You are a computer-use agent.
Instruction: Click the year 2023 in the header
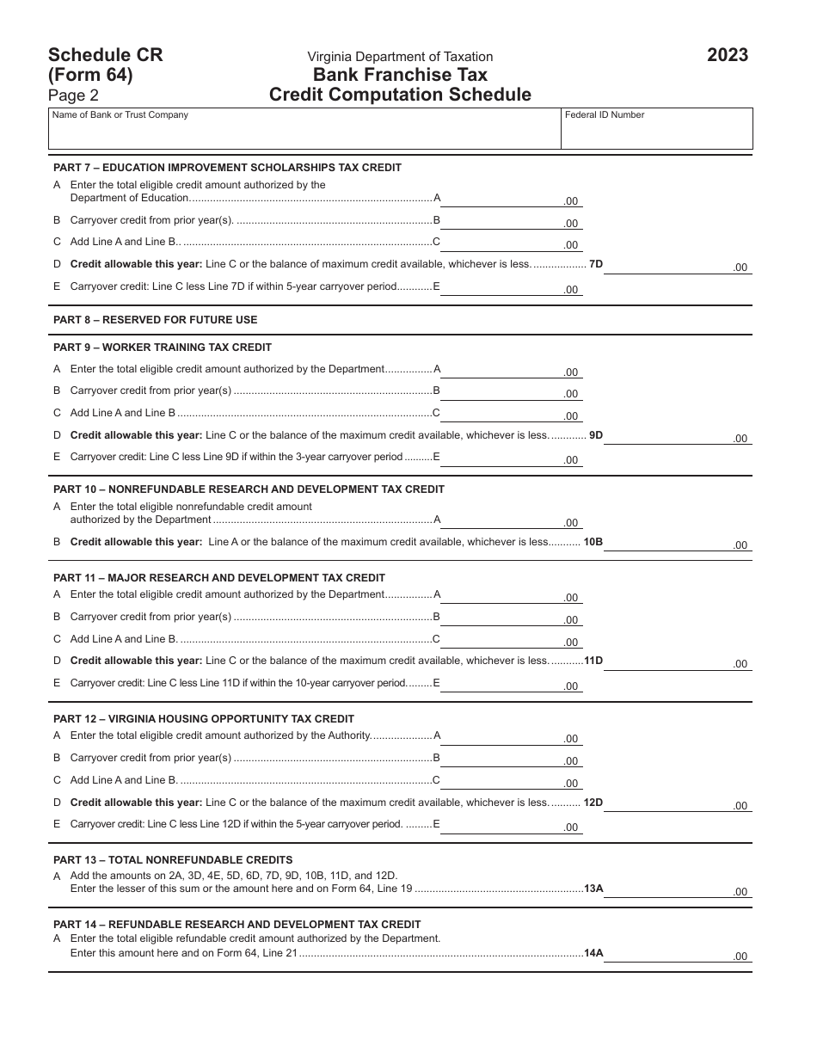pyautogui.click(x=727, y=56)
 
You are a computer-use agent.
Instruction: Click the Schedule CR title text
pyautogui.click(x=106, y=56)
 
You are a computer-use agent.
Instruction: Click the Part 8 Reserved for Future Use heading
pyautogui.click(x=156, y=320)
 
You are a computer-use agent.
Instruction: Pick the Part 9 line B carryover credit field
pyautogui.click(x=512, y=391)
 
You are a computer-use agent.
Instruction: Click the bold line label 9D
pyautogui.click(x=595, y=435)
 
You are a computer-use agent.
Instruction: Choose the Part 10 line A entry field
pyautogui.click(x=512, y=520)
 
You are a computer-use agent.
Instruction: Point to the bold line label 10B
pyautogui.click(x=593, y=542)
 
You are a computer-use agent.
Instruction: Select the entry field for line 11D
pyautogui.click(x=677, y=661)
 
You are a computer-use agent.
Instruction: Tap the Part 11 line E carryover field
pyautogui.click(x=512, y=684)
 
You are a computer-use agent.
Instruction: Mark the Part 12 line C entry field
pyautogui.click(x=512, y=781)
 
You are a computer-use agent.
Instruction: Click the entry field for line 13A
pyautogui.click(x=677, y=889)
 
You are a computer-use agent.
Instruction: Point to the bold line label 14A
pyautogui.click(x=593, y=953)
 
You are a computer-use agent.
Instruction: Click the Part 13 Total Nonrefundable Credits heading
pyautogui.click(x=173, y=860)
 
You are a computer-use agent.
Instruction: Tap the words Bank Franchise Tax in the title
pyautogui.click(x=400, y=76)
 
